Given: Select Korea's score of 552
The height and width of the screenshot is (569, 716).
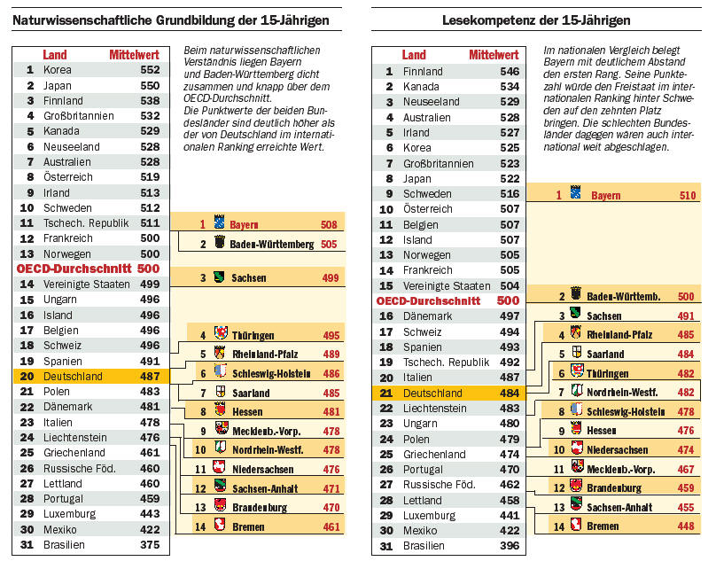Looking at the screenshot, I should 150,70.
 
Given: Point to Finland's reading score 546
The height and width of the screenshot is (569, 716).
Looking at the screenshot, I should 510,72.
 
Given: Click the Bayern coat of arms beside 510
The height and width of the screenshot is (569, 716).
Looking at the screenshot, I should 574,194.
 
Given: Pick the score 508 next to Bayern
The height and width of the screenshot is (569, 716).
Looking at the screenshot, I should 329,225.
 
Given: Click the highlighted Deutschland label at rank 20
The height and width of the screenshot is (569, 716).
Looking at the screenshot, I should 74,376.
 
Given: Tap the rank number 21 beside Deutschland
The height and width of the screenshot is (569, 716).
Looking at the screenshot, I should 386,393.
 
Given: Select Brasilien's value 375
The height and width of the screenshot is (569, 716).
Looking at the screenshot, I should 150,545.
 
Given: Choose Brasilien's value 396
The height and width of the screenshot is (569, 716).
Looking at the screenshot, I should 510,546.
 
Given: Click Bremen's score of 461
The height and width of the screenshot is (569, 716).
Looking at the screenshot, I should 331,526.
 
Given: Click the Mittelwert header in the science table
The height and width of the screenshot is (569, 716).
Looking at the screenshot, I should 134,55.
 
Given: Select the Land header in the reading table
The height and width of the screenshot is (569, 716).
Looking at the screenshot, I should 413,55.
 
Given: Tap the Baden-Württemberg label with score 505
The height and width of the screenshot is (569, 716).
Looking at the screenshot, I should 271,244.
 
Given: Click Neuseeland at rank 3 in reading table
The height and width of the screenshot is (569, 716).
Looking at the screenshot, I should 432,102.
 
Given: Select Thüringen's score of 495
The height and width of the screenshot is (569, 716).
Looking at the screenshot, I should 331,336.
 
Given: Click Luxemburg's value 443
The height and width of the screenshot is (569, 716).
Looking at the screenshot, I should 150,514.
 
